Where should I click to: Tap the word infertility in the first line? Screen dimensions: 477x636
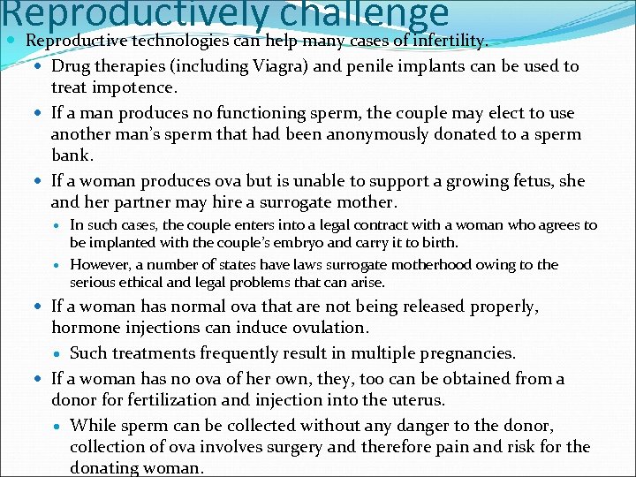(448, 41)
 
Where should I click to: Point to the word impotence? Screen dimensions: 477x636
(140, 87)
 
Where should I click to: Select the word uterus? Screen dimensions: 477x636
(413, 400)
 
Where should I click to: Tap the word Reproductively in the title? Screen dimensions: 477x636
(132, 15)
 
